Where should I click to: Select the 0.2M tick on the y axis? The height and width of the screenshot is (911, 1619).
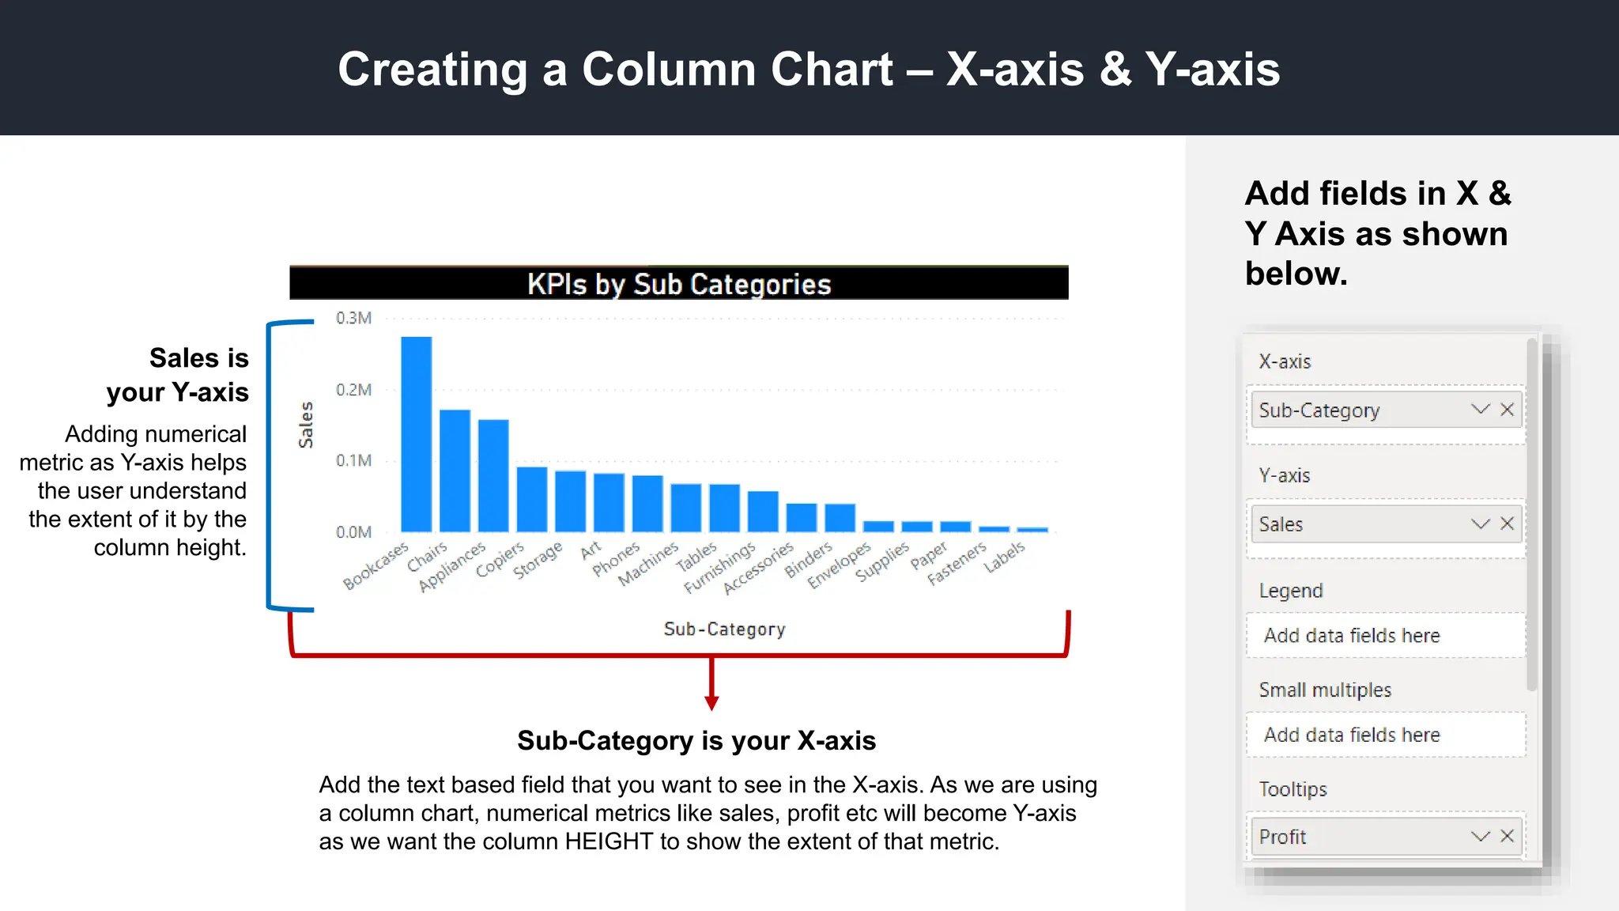click(353, 390)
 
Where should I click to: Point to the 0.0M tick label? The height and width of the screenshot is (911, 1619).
click(353, 532)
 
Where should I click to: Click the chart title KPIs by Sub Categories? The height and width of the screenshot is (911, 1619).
click(679, 284)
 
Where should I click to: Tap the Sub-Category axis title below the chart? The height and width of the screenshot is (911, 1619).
click(724, 629)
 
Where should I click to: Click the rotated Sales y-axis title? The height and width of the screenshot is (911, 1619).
click(306, 425)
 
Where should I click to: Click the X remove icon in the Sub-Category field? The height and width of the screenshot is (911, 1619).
click(1507, 410)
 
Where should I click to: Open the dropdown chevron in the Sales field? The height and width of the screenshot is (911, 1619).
click(1480, 524)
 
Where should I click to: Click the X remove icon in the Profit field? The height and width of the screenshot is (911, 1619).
click(1507, 836)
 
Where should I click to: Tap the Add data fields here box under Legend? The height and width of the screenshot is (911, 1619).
click(1385, 635)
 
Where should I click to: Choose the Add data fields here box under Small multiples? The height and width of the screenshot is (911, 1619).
click(1385, 735)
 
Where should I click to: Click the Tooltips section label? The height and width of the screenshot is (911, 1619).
click(1293, 789)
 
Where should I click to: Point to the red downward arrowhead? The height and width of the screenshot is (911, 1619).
click(711, 703)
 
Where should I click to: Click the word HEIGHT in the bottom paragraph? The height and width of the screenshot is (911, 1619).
click(609, 841)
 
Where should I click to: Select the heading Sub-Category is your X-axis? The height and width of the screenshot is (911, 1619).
click(696, 740)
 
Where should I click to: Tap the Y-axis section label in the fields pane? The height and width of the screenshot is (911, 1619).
click(1284, 475)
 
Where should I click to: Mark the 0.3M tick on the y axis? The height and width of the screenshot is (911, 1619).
click(353, 318)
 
